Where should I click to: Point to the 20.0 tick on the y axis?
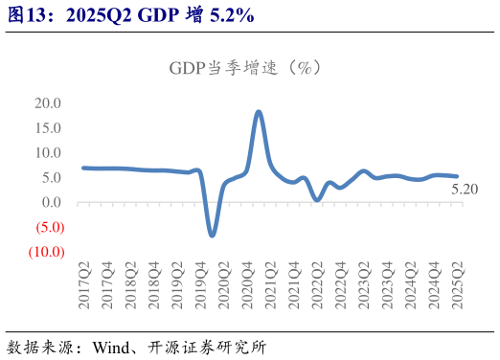(x=48, y=103)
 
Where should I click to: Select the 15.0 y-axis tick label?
(x=48, y=128)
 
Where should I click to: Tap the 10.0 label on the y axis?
(x=48, y=153)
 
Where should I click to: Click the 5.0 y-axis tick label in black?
(x=52, y=178)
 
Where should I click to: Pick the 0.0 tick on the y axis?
(x=52, y=203)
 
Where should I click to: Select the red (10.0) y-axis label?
(x=44, y=253)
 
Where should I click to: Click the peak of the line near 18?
(x=259, y=112)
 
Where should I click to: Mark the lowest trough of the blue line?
(x=212, y=235)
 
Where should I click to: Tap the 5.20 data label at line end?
(x=465, y=190)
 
